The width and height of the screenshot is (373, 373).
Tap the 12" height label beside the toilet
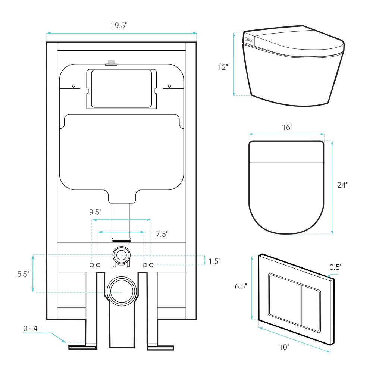(223, 67)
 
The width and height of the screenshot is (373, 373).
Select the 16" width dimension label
(286, 127)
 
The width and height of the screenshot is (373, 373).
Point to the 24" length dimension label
(342, 185)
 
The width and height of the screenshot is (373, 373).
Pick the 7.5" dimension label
(162, 234)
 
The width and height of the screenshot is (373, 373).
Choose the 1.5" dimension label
(214, 261)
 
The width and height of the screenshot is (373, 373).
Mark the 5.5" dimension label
(23, 274)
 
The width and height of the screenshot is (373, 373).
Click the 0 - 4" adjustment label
(31, 329)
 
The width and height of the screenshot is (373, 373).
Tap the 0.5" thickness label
(335, 267)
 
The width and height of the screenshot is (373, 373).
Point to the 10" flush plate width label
(284, 347)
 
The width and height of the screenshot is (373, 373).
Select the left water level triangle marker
(74, 87)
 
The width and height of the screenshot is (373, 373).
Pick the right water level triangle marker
(169, 87)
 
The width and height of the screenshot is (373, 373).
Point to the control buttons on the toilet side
(249, 40)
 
